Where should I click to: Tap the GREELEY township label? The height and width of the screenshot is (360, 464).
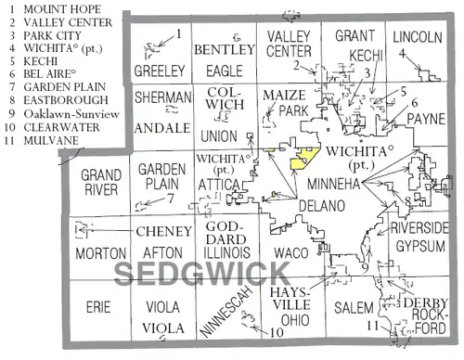(157, 70)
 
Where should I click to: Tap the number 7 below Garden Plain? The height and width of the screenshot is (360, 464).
(171, 197)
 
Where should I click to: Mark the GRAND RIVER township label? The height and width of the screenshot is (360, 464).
(98, 183)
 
